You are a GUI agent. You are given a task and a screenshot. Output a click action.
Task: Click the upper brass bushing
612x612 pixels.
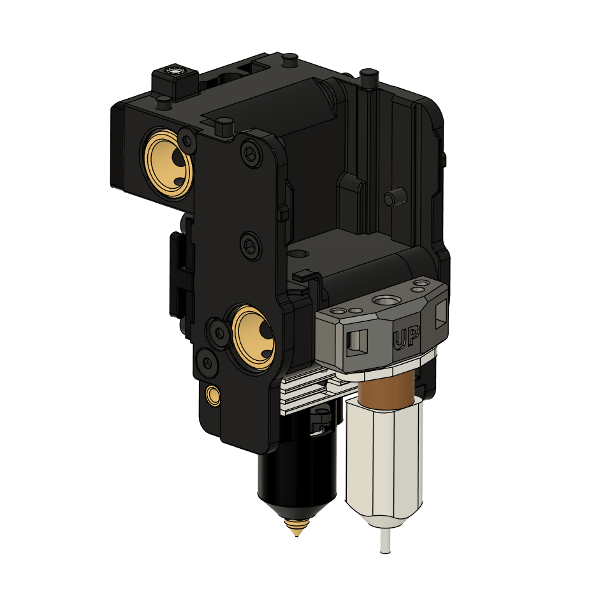point(167,164)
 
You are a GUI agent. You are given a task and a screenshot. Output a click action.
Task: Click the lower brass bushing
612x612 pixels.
point(253,337)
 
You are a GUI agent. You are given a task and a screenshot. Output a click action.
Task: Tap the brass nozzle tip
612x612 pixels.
point(296,527)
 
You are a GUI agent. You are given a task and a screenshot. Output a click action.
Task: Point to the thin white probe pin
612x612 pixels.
point(384,539)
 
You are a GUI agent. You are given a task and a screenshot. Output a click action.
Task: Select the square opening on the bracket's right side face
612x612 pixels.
point(440,313)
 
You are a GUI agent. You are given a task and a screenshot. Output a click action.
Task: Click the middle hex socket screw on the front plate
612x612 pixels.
point(250,245)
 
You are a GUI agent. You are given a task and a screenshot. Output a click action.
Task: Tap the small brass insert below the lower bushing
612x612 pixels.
point(214,395)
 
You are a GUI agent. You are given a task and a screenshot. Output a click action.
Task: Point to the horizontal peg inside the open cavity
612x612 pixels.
point(393,197)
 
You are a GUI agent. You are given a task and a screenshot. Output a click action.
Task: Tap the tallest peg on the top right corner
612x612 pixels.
point(367,78)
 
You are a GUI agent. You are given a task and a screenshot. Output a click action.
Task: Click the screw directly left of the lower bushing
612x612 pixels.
point(218,332)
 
